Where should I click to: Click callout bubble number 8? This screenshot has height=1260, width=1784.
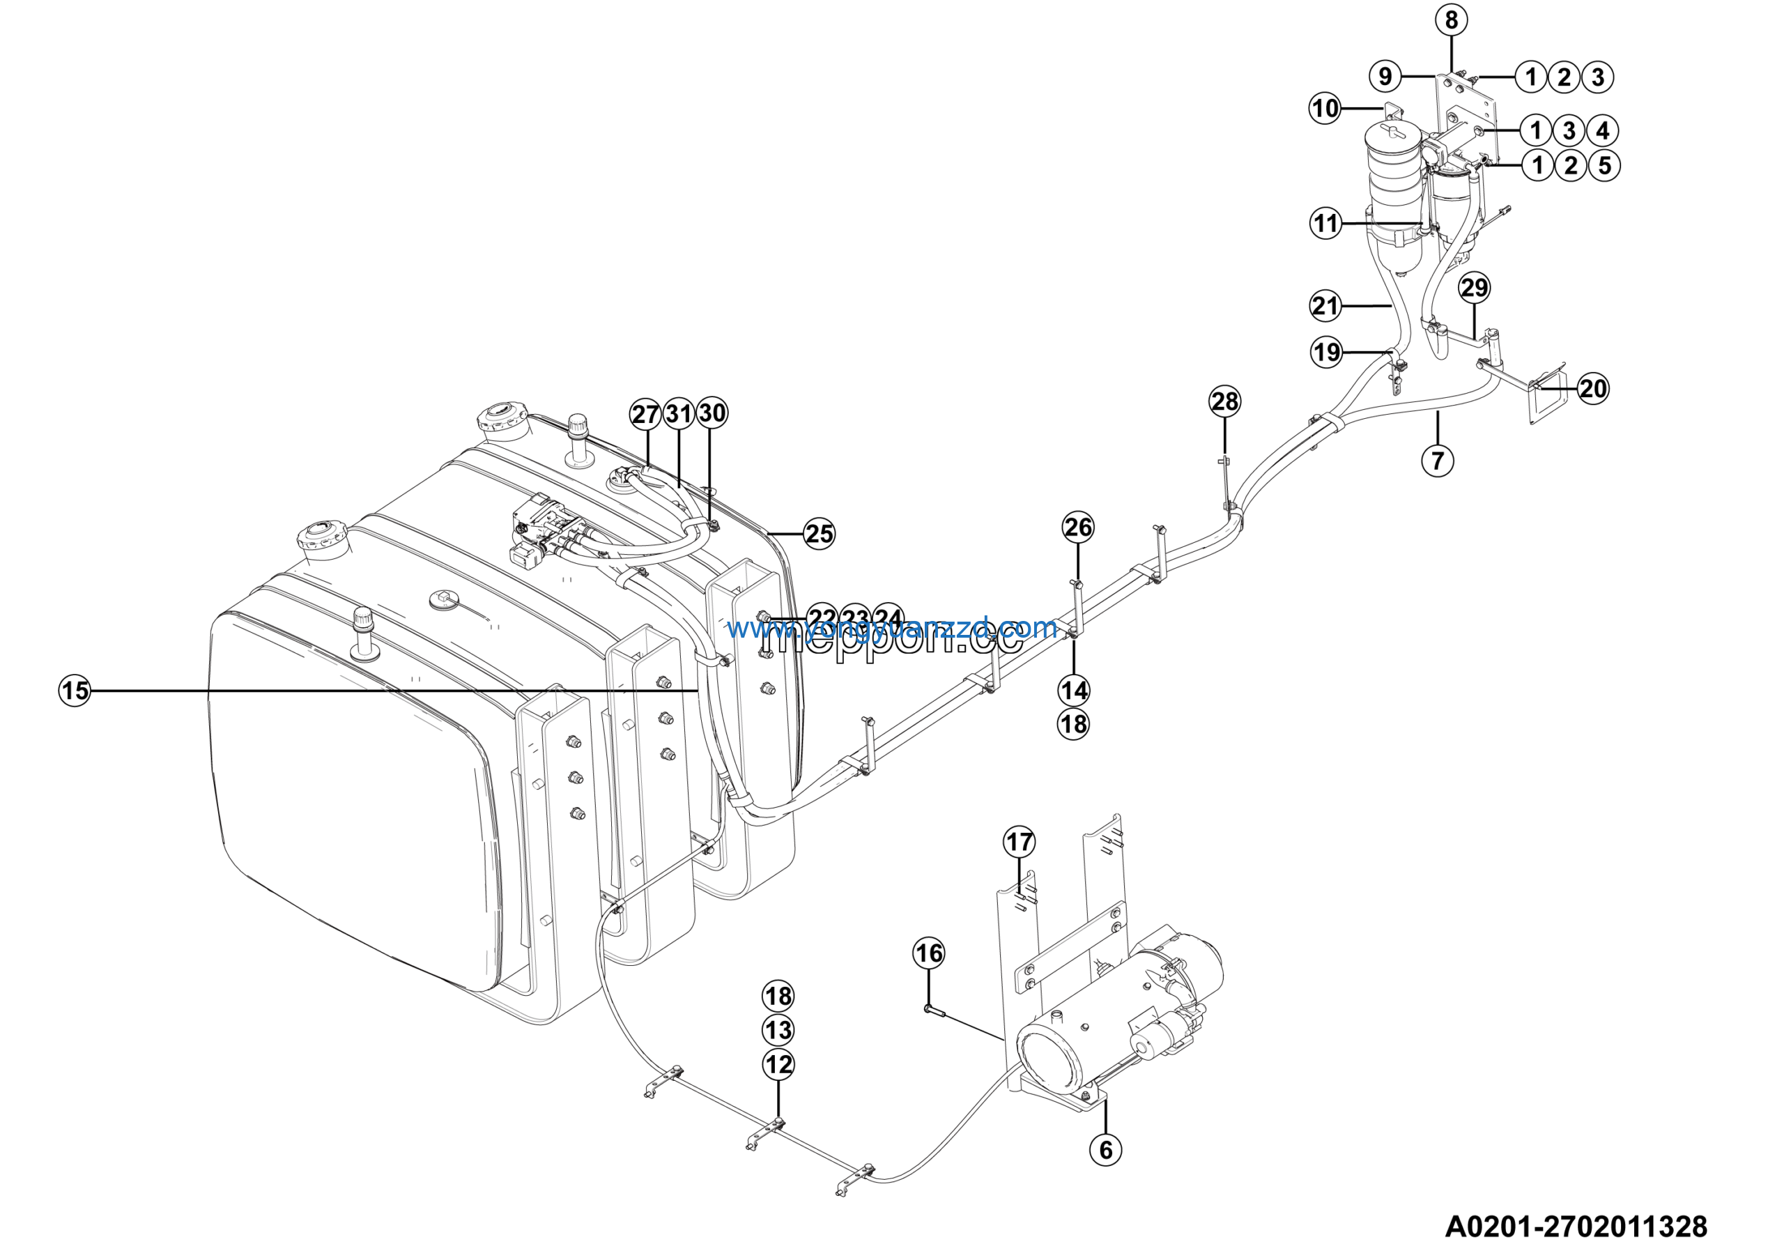point(1452,20)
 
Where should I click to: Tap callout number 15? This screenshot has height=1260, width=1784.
point(75,690)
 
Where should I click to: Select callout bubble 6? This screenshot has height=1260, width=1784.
point(1106,1149)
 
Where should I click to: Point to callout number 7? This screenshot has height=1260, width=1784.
point(1438,461)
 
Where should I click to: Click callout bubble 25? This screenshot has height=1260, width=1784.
point(819,534)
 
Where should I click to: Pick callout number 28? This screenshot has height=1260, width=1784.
point(1224,401)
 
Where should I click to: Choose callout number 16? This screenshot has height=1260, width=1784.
point(928,953)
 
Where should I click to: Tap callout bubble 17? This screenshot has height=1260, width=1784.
point(1020,841)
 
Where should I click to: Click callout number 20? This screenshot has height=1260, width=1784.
point(1593,388)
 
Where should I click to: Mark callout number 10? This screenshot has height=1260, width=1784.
point(1325,108)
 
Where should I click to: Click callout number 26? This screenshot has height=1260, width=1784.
point(1077,528)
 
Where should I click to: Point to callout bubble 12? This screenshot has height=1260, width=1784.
point(778,1064)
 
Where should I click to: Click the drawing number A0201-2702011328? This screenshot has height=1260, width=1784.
point(1576,1227)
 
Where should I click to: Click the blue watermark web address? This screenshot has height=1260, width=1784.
point(892,628)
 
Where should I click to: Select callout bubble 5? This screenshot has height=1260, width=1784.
point(1604,165)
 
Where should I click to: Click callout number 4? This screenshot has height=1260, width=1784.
point(1602,130)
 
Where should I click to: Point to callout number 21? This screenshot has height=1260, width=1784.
point(1325,306)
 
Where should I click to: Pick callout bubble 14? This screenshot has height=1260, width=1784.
point(1074,690)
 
